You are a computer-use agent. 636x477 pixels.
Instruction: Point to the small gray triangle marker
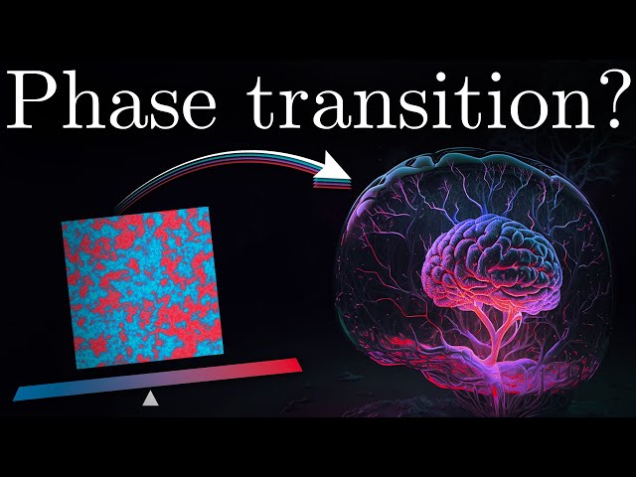(x=150, y=398)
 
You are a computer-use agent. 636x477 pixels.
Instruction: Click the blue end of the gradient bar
(x=25, y=392)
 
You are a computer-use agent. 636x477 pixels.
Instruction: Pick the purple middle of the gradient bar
(x=159, y=379)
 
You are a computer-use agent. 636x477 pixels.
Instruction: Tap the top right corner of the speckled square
(x=209, y=209)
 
